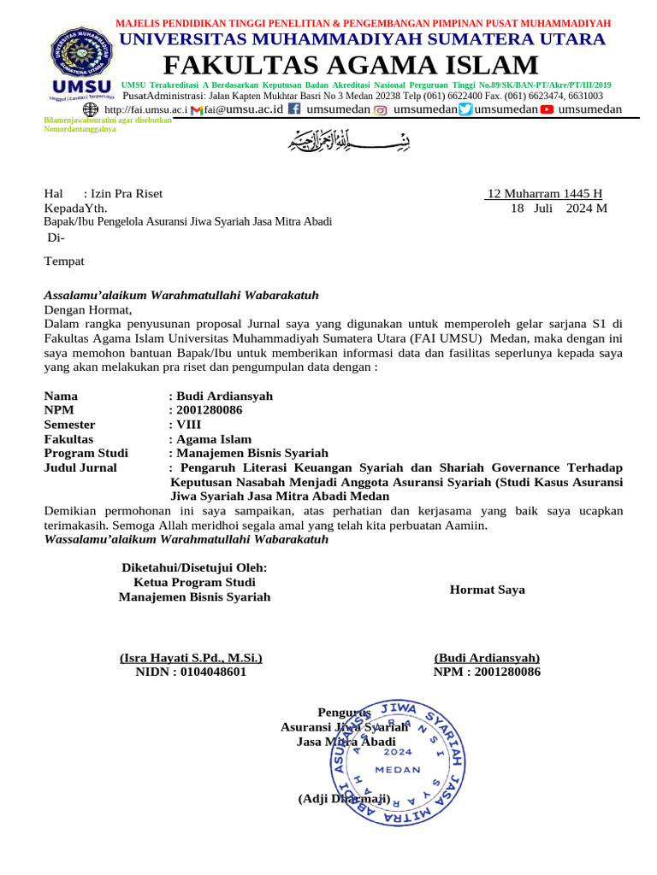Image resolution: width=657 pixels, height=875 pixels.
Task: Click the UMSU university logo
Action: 81,64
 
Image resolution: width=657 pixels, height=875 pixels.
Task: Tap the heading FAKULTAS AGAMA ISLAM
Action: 351,65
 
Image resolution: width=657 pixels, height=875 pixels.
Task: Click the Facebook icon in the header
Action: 293,109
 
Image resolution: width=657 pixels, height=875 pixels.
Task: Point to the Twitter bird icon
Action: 465,109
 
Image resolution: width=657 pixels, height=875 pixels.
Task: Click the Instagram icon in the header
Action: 381,109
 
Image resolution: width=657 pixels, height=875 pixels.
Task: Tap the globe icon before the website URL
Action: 91,109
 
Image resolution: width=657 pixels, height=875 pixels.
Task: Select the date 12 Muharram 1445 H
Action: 545,193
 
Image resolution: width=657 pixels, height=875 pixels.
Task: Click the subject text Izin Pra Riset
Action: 123,193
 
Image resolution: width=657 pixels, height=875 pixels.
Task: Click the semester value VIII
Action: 188,424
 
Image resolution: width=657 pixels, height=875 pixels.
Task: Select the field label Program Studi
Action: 86,453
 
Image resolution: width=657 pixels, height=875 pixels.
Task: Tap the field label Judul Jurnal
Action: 80,467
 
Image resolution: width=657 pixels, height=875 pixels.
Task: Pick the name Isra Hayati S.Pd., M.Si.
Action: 191,657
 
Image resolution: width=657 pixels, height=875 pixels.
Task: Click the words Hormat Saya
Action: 487,590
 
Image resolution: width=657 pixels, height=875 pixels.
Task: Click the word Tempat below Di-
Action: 64,261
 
